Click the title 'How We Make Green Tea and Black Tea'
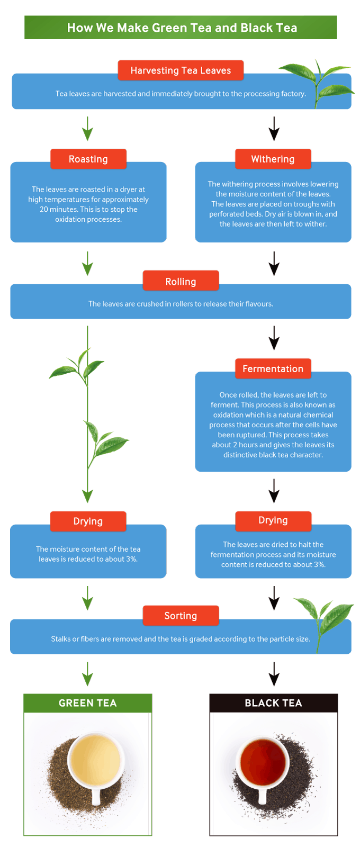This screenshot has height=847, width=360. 181,28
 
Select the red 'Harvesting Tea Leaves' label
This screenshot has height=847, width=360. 181,70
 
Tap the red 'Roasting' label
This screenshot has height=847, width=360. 88,159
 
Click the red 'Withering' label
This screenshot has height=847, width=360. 273,159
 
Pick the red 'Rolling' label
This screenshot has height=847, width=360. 181,281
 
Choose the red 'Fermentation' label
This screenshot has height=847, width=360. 273,368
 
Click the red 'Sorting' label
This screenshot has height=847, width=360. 181,615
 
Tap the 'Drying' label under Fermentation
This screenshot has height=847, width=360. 273,520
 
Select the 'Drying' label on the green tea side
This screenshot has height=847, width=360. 88,521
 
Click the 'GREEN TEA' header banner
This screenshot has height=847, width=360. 88,703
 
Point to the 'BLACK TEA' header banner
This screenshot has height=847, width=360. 273,703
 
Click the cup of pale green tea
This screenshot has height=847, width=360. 96,760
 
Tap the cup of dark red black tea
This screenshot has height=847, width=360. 263,762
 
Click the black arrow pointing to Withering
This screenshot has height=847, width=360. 274,129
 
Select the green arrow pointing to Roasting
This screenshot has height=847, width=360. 88,129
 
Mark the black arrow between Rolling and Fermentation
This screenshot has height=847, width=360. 274,338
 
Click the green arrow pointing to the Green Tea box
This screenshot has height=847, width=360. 88,674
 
